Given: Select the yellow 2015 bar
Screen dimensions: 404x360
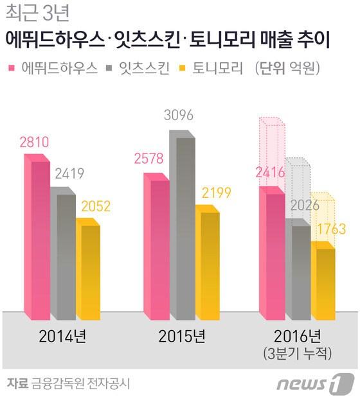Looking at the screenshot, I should pyautogui.click(x=209, y=263).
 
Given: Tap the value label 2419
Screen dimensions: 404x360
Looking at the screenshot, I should pyautogui.click(x=68, y=174).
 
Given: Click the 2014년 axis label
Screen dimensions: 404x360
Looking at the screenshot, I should pyautogui.click(x=62, y=336).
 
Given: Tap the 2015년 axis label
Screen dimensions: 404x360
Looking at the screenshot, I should pyautogui.click(x=182, y=336).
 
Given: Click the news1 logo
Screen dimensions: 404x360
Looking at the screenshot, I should pyautogui.click(x=316, y=384).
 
